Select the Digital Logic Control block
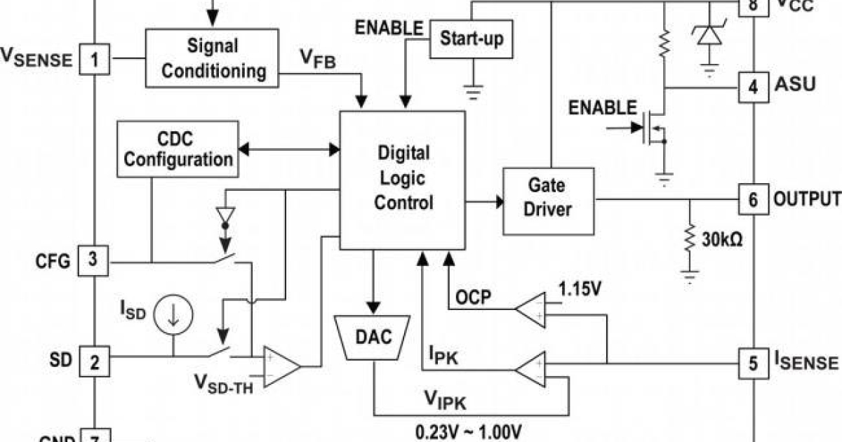point(403,178)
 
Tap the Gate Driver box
point(548,199)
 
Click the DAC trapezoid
point(373,337)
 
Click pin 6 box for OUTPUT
point(753,200)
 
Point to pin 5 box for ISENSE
point(753,363)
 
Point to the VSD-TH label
point(224,384)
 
